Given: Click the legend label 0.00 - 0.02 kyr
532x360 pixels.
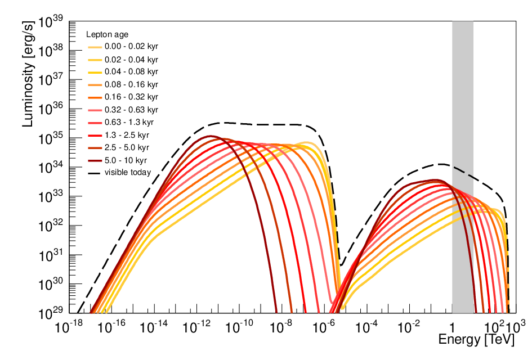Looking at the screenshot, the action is (x=131, y=47).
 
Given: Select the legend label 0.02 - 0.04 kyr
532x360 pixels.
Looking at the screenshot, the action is (x=131, y=60).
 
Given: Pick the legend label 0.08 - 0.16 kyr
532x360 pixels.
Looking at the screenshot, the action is (x=131, y=84).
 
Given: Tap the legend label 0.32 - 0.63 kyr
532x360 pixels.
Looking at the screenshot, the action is (x=131, y=110).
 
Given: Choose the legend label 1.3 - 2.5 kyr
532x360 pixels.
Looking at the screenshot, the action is (x=127, y=135).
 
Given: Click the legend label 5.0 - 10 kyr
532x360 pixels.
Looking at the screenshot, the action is (x=126, y=160).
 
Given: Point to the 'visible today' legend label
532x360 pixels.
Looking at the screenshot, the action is (x=128, y=172).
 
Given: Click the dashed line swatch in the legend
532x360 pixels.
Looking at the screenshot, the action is (x=94, y=173).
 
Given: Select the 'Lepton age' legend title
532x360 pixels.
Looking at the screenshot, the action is (x=107, y=34).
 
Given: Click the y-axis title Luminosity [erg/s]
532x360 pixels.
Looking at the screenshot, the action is (x=28, y=74).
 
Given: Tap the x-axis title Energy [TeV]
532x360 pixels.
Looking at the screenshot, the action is (x=476, y=339).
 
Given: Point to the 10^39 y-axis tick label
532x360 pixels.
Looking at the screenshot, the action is (x=50, y=22).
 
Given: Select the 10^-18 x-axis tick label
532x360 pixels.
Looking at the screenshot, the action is (x=69, y=327).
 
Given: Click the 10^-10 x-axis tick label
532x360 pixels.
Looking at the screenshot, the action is (x=239, y=327).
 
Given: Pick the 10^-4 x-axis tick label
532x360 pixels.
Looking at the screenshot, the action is (x=366, y=327).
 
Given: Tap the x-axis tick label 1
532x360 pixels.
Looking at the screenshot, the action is (x=452, y=328).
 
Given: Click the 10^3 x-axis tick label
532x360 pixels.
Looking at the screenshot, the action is (x=516, y=327).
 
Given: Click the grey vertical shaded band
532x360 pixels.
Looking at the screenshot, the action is (x=462, y=167).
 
